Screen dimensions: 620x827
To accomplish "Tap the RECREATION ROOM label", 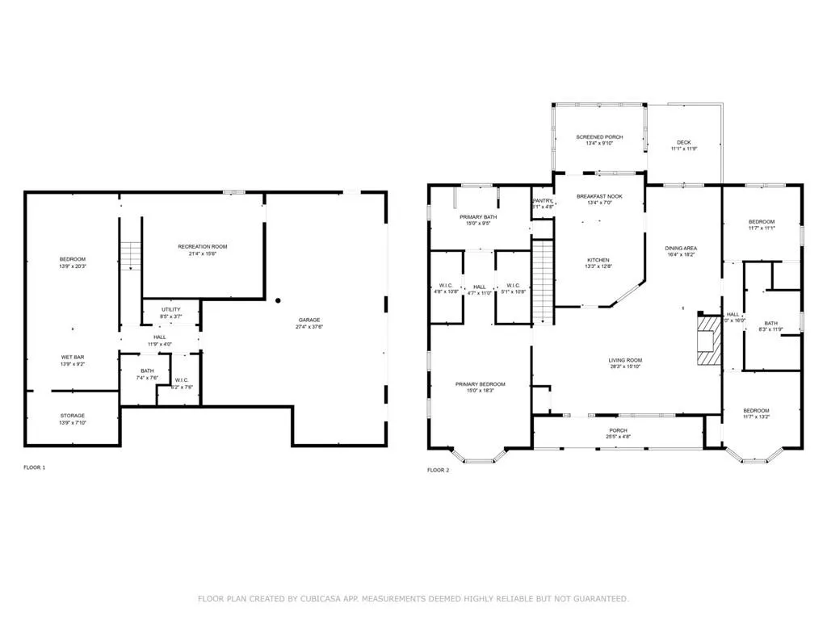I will (202, 246).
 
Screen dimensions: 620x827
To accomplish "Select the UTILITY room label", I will (170, 309).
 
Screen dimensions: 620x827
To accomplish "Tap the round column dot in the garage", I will (278, 300).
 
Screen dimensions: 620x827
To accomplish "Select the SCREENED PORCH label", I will (599, 137).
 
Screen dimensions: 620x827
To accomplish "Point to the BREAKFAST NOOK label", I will (599, 196).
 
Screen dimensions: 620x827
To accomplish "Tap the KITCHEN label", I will (598, 259).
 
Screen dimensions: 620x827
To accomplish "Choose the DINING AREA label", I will (681, 248).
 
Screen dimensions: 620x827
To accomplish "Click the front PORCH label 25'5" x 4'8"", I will (618, 434).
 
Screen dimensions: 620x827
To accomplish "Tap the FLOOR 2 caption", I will (438, 470).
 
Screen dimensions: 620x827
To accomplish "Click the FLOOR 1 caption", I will (34, 467).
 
